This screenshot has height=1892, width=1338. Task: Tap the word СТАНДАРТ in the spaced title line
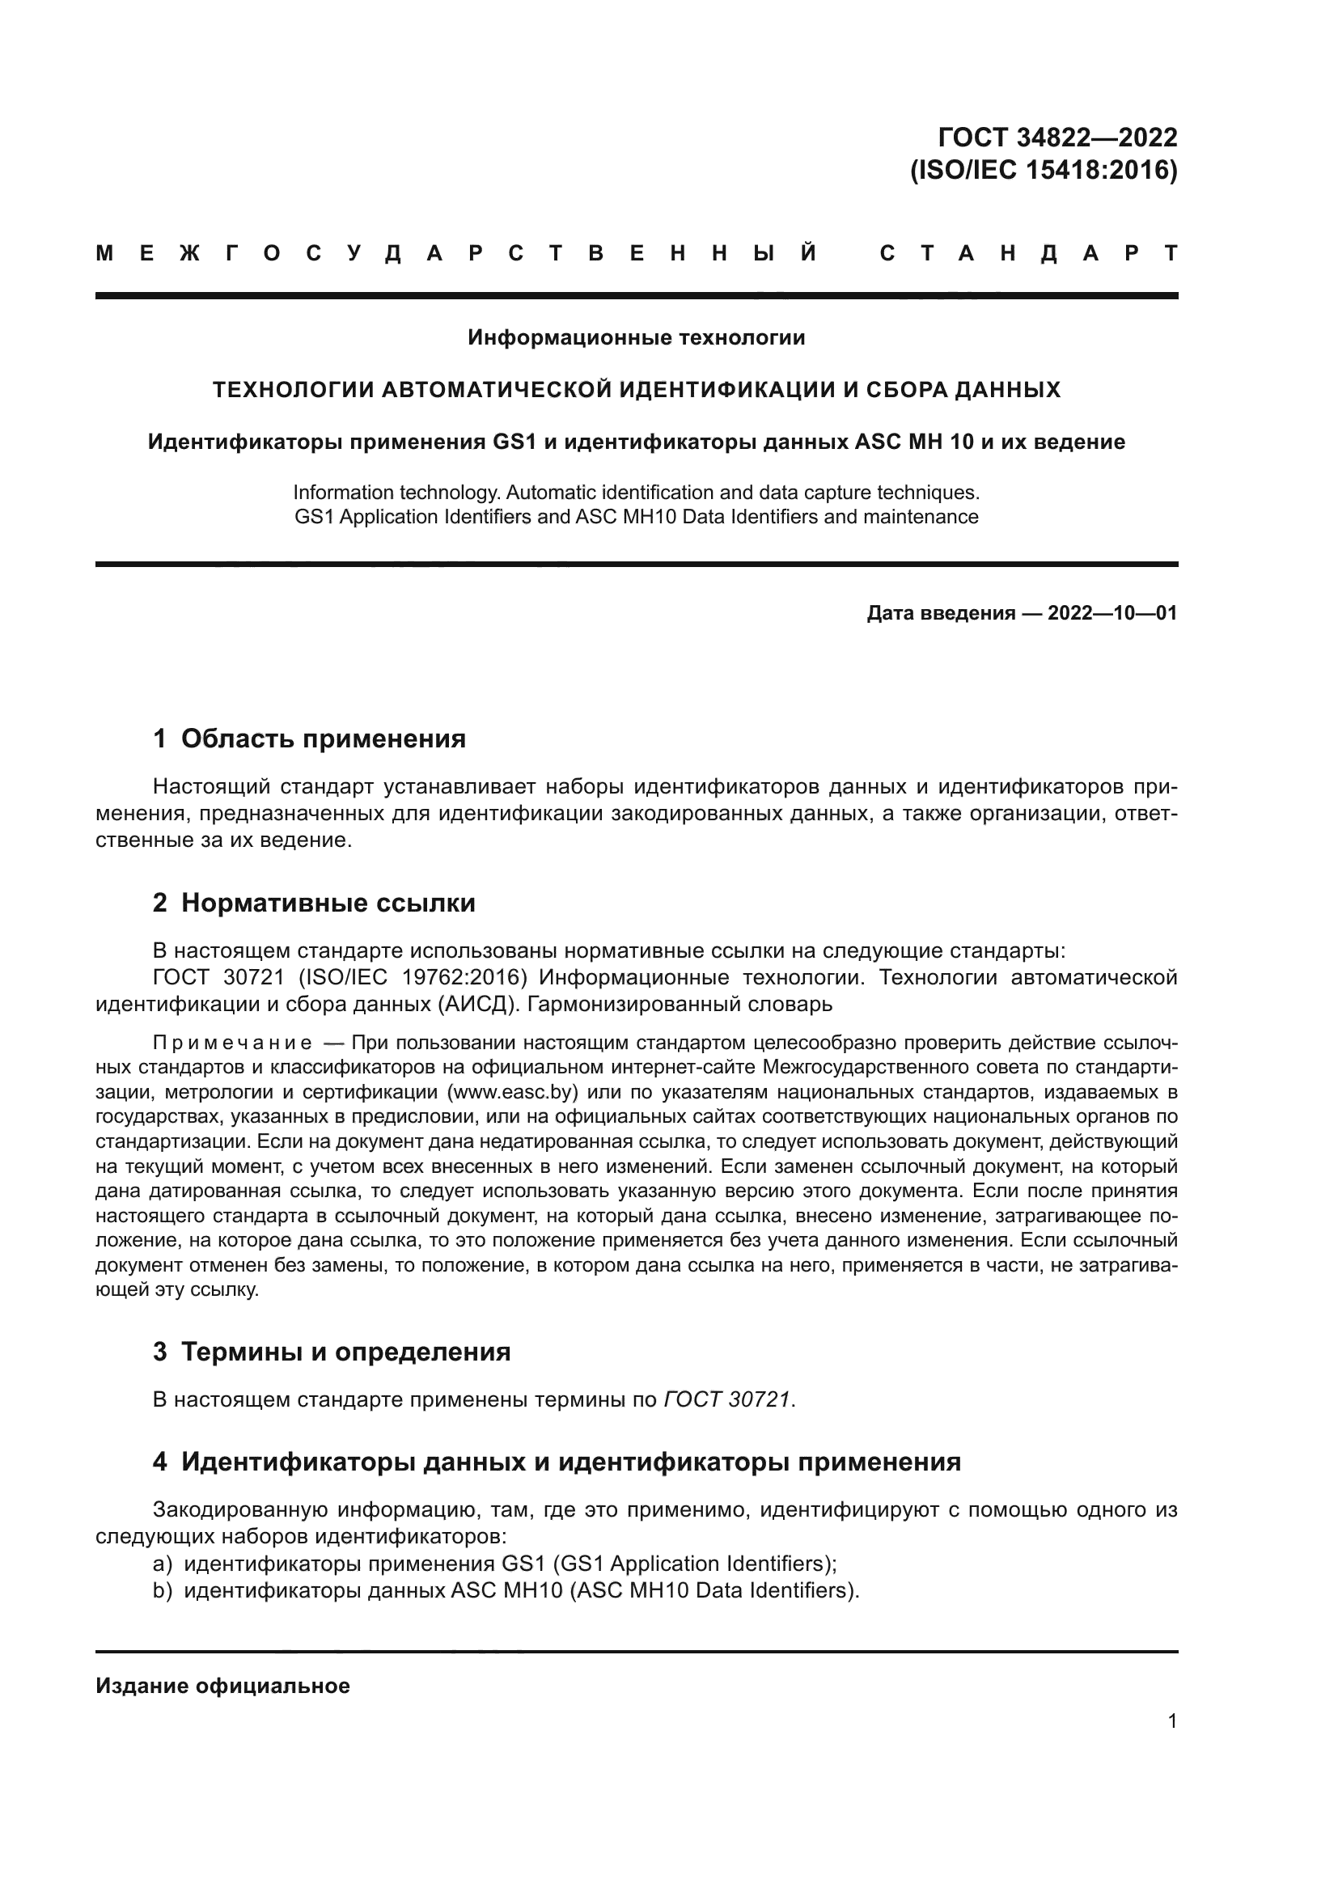(x=1028, y=254)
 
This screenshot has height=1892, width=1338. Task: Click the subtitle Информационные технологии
(x=636, y=338)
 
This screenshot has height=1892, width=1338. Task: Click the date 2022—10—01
(x=1112, y=613)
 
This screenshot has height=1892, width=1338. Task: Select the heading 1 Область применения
(x=309, y=739)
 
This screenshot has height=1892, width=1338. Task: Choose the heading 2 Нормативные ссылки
(x=314, y=904)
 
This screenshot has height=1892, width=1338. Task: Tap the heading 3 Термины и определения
(x=331, y=1352)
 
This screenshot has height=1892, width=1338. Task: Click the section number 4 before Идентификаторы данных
(x=160, y=1462)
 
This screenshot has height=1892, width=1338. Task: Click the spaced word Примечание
(x=233, y=1043)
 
